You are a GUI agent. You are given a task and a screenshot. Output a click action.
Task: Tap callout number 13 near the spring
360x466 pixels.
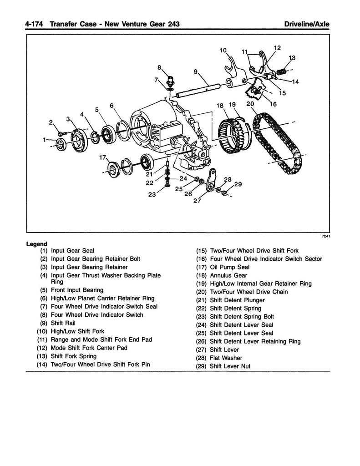pos(292,58)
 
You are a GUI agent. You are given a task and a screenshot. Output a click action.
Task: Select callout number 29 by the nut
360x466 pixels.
pos(238,184)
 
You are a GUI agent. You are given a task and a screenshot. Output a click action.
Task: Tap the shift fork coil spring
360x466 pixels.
pos(282,71)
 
